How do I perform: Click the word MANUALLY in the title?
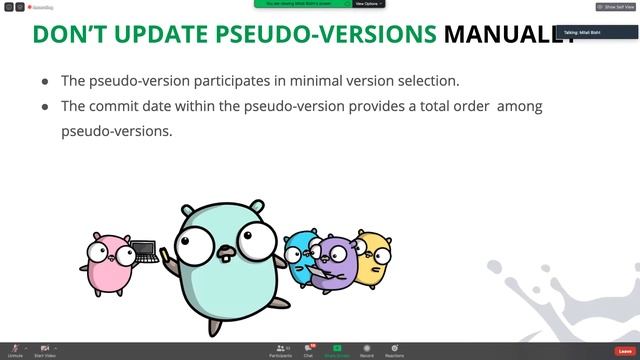pyautogui.click(x=509, y=34)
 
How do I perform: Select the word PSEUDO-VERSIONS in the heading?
pyautogui.click(x=332, y=34)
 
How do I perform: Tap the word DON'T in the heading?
pyautogui.click(x=72, y=34)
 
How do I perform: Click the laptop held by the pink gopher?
pyautogui.click(x=145, y=251)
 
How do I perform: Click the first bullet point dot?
pyautogui.click(x=46, y=81)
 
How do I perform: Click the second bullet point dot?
pyautogui.click(x=46, y=106)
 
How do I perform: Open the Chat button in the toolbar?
pyautogui.click(x=309, y=350)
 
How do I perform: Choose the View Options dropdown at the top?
pyautogui.click(x=367, y=4)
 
